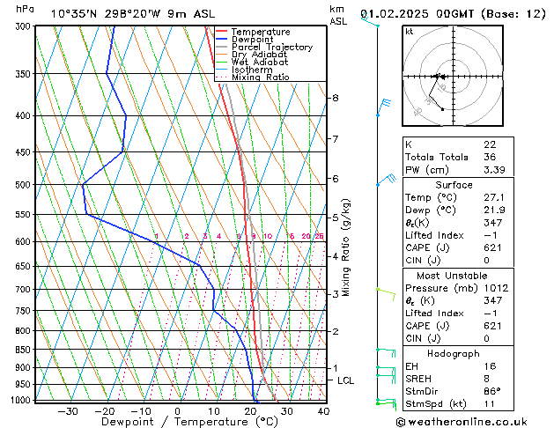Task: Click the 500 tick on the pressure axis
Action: click(x=23, y=185)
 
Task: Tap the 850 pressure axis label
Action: click(x=23, y=350)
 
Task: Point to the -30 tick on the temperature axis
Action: click(x=68, y=411)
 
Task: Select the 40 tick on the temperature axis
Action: click(x=323, y=411)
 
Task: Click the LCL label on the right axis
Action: click(x=346, y=380)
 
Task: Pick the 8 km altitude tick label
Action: click(x=336, y=98)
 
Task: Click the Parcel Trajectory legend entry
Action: click(x=271, y=48)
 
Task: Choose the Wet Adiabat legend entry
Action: click(x=262, y=63)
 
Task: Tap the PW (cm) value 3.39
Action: click(x=494, y=170)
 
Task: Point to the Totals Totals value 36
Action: click(x=489, y=157)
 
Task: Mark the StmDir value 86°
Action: click(x=492, y=391)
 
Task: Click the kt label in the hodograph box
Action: click(x=409, y=32)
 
